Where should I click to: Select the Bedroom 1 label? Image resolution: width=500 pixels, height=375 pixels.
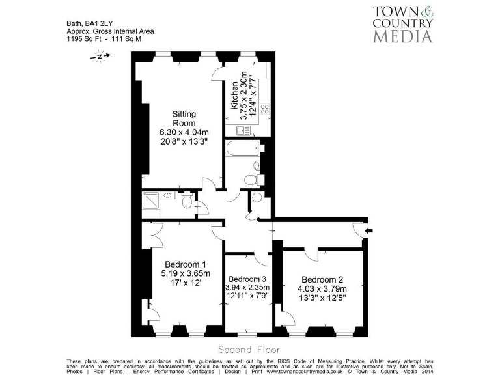(x=186, y=264)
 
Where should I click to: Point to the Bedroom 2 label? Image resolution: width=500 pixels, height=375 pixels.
(x=322, y=279)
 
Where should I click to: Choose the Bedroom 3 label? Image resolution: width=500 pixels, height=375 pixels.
(x=247, y=277)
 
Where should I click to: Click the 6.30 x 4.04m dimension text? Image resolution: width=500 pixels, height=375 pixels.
(x=184, y=133)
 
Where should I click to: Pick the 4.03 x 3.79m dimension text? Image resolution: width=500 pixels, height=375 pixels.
(x=322, y=289)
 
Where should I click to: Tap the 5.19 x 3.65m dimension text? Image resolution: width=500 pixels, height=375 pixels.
(x=186, y=273)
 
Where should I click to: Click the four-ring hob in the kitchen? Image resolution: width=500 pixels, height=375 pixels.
(x=265, y=109)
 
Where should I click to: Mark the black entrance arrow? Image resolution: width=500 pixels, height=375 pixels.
(x=370, y=230)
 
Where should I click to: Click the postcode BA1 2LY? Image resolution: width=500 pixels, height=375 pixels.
(x=100, y=23)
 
